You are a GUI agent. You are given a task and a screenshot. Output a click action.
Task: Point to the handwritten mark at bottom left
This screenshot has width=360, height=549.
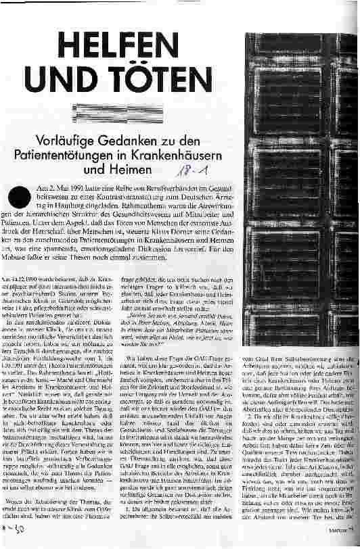[x=14, y=539]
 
